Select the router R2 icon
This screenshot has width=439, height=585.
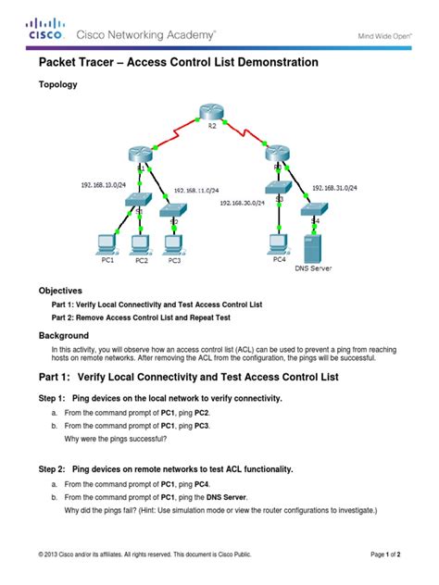pyautogui.click(x=210, y=115)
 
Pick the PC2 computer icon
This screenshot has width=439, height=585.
pyautogui.click(x=140, y=244)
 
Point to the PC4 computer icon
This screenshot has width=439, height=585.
pyautogui.click(x=278, y=243)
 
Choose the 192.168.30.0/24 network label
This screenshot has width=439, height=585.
pyautogui.click(x=243, y=201)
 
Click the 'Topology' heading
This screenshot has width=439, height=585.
pyautogui.click(x=57, y=84)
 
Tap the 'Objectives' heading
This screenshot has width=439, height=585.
pyautogui.click(x=60, y=290)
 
